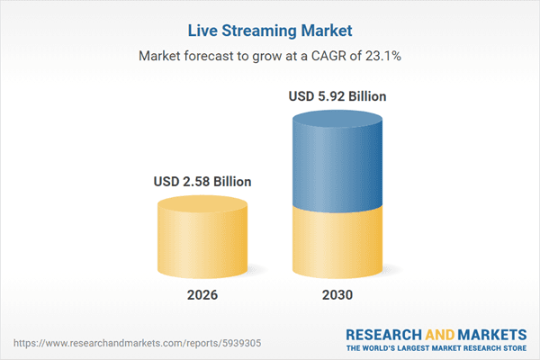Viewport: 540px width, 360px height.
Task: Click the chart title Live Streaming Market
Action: pyautogui.click(x=270, y=31)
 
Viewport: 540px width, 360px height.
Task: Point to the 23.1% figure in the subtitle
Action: pyautogui.click(x=383, y=56)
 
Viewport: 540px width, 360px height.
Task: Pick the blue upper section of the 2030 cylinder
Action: pyautogui.click(x=339, y=162)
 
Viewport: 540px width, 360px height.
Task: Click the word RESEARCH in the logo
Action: pyautogui.click(x=383, y=333)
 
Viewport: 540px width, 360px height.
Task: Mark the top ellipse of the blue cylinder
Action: pyautogui.click(x=339, y=119)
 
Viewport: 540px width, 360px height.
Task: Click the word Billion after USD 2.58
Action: pyautogui.click(x=229, y=182)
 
